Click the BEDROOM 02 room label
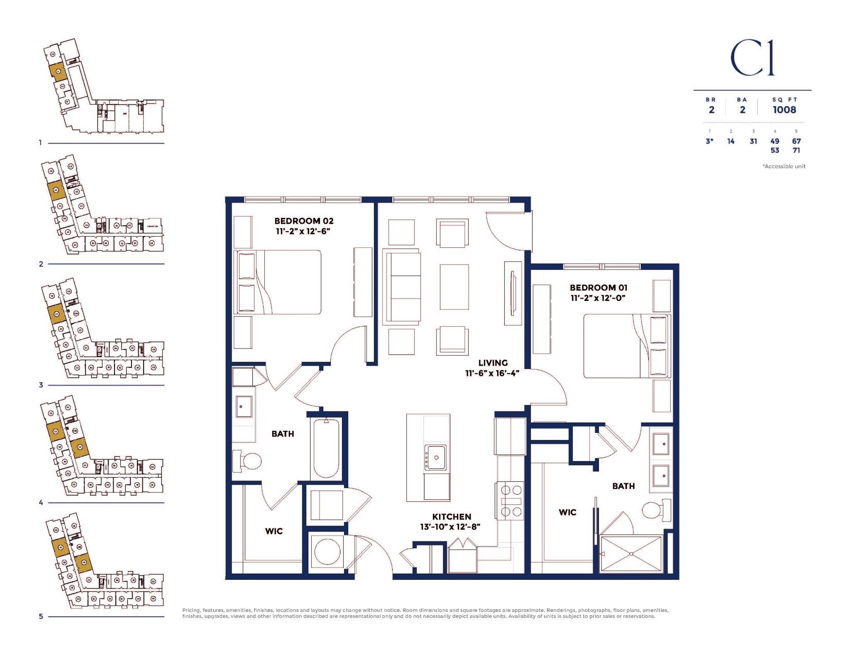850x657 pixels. click(304, 221)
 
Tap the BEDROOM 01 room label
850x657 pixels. click(598, 288)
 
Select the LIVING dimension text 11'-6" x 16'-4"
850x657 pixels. click(492, 373)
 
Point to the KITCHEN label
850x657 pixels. click(452, 517)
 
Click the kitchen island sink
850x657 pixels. click(435, 457)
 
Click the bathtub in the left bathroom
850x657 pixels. click(326, 449)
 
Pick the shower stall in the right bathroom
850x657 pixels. click(630, 553)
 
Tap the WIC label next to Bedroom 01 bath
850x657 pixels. click(567, 513)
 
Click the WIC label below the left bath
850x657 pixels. click(274, 531)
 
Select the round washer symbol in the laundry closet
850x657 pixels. click(327, 552)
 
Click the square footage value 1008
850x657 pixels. click(784, 110)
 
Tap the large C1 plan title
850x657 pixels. click(752, 64)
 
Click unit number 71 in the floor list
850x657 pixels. click(796, 150)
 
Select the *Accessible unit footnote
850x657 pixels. click(784, 166)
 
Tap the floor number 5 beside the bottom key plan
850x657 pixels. click(41, 616)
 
